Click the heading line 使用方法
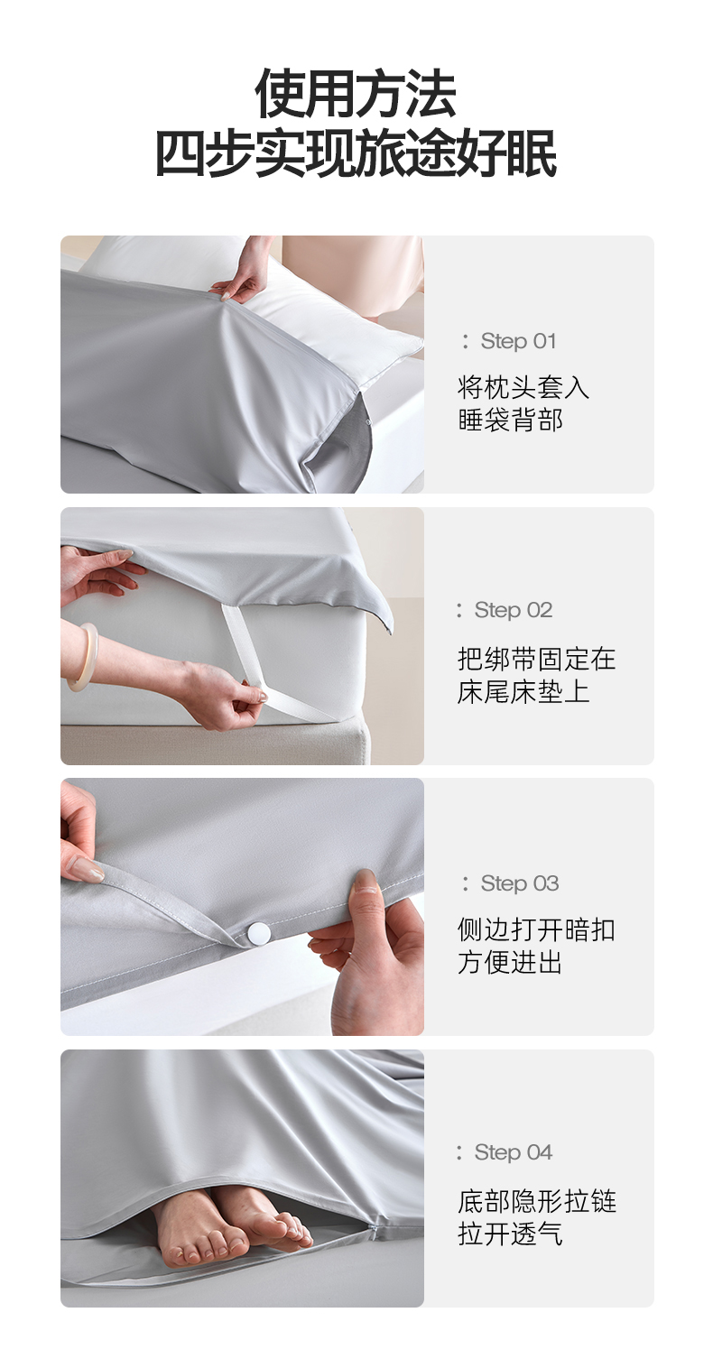point(356,94)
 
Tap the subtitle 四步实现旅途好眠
point(356,153)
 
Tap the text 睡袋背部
point(510,420)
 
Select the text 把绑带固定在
point(536,659)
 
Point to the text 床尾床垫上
point(523,691)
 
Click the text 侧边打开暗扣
point(536,929)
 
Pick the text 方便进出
point(510,963)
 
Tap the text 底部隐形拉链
point(536,1201)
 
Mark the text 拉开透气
point(510,1234)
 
